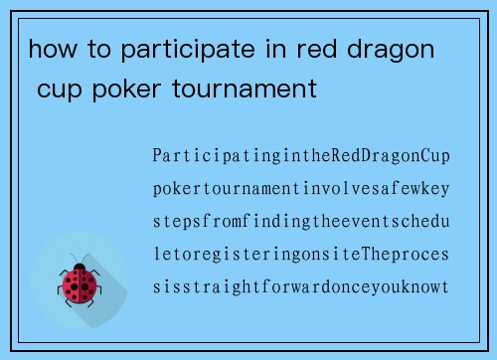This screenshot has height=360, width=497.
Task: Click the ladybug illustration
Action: pyautogui.click(x=80, y=283)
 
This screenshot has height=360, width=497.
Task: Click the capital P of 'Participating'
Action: pyautogui.click(x=158, y=156)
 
